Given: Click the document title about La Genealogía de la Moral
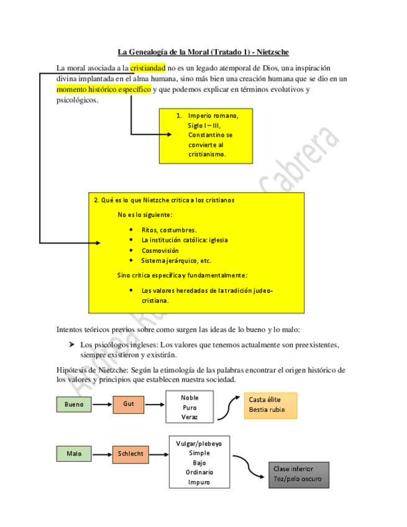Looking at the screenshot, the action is click(x=203, y=52).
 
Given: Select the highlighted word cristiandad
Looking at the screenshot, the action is click(x=147, y=68).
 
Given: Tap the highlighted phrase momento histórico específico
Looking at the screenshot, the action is click(x=104, y=89).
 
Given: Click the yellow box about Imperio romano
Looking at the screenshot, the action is click(x=206, y=135).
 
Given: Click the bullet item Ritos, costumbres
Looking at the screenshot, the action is click(x=168, y=229).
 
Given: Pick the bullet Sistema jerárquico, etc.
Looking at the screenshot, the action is click(x=176, y=260).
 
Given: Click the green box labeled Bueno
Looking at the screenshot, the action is click(x=74, y=405).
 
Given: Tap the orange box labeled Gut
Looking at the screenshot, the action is click(x=129, y=404).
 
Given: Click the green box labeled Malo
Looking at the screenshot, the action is click(x=74, y=454).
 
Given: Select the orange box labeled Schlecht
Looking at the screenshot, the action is click(x=130, y=454).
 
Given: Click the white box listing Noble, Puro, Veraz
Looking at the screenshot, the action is click(x=190, y=407).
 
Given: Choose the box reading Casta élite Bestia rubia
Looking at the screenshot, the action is click(x=270, y=405).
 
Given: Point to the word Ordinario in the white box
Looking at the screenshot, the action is click(x=199, y=472).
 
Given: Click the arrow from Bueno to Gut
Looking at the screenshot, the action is click(x=103, y=405).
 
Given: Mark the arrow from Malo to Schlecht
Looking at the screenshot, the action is click(x=103, y=454).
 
